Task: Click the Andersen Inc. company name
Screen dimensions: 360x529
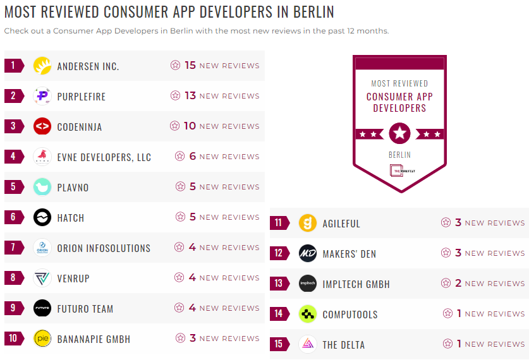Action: [x=88, y=66]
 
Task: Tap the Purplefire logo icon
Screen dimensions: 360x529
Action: [x=42, y=96]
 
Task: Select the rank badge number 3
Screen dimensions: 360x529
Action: [x=13, y=126]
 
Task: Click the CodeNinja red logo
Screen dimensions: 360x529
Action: [x=42, y=126]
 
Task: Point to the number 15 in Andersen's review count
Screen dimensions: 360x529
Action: [x=190, y=65]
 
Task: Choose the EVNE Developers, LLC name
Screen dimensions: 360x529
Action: [x=104, y=157]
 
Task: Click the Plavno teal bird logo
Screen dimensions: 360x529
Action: [x=42, y=187]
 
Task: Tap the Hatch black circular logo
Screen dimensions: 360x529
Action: [x=42, y=217]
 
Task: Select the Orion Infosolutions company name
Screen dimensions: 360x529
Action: [x=104, y=248]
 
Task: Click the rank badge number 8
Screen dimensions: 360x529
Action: [x=13, y=278]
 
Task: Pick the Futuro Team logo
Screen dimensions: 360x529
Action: [x=42, y=308]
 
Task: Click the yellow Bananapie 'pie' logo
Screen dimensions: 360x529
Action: [x=42, y=339]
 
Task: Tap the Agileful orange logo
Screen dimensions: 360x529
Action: [x=308, y=223]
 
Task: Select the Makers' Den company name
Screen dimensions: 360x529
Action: [x=349, y=254]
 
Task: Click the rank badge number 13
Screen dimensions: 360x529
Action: [x=279, y=284]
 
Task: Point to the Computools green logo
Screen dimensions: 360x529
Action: [x=308, y=314]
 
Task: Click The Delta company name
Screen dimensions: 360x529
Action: [x=343, y=345]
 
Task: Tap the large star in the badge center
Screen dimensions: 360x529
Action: [x=399, y=133]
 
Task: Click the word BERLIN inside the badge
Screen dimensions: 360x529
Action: [x=399, y=155]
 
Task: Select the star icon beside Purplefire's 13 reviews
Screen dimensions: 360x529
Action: [x=175, y=96]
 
